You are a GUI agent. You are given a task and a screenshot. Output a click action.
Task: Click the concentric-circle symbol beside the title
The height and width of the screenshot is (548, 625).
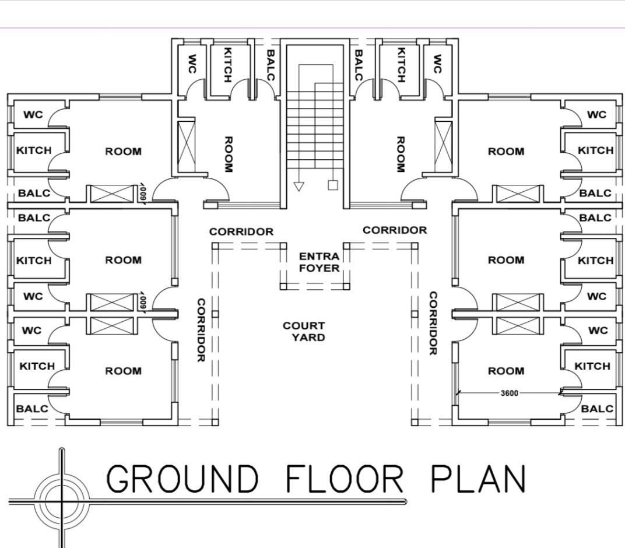tap(62, 500)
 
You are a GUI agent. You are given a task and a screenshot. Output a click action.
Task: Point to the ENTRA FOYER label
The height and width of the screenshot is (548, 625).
tap(319, 262)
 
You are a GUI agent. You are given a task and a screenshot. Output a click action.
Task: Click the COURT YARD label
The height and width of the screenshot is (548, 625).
tap(304, 332)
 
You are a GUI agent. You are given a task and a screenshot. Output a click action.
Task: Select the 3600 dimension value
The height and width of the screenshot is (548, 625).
tap(510, 394)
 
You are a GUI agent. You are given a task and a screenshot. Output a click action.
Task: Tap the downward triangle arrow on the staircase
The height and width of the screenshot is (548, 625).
tap(298, 187)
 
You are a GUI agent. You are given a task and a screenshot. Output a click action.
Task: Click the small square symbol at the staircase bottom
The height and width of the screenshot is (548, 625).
tap(333, 185)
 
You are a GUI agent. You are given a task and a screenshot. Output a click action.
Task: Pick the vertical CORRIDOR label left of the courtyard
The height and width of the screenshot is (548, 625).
tap(201, 330)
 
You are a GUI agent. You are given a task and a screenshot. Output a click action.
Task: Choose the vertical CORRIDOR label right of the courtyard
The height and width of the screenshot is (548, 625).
tap(433, 323)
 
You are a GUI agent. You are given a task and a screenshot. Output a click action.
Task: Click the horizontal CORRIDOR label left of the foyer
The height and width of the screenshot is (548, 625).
tap(241, 231)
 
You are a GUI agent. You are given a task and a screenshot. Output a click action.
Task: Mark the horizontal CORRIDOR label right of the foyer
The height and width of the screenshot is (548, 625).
tap(395, 230)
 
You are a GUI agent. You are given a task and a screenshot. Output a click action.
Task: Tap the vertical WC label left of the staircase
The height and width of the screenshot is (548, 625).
tap(192, 64)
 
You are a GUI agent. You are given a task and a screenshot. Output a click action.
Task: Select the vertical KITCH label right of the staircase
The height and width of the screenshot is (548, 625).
tap(401, 65)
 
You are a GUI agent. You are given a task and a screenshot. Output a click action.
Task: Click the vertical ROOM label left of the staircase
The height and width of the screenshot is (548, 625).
tap(229, 154)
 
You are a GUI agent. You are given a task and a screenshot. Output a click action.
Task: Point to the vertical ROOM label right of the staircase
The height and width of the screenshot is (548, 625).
tap(401, 154)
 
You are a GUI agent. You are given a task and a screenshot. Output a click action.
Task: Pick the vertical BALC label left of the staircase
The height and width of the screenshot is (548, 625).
tap(271, 65)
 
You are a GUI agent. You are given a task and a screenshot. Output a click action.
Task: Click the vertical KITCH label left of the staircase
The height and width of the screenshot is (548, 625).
tap(227, 65)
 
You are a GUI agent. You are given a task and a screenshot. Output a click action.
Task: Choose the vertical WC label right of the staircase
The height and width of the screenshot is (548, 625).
tap(437, 64)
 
